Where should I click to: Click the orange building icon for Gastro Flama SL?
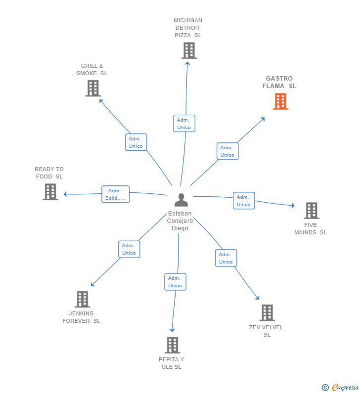pyautogui.click(x=280, y=101)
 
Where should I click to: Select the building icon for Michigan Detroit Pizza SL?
pyautogui.click(x=188, y=50)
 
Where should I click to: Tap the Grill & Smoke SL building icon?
pyautogui.click(x=92, y=88)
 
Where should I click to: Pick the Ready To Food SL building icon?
pyautogui.click(x=50, y=192)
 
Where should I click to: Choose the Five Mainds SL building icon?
pyautogui.click(x=311, y=211)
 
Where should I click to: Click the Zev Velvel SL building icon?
pyautogui.click(x=267, y=312)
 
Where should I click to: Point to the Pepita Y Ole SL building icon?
pyautogui.click(x=172, y=345)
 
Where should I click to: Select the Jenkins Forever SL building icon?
pyautogui.click(x=82, y=299)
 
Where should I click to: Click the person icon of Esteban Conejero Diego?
pyautogui.click(x=181, y=200)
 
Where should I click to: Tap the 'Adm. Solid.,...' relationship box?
pyautogui.click(x=115, y=194)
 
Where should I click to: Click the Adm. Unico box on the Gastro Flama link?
pyautogui.click(x=227, y=151)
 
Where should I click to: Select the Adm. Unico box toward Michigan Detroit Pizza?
pyautogui.click(x=184, y=124)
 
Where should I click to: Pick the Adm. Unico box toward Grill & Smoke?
pyautogui.click(x=135, y=142)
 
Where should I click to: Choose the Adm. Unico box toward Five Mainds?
pyautogui.click(x=243, y=201)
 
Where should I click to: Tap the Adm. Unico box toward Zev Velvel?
pyautogui.click(x=225, y=258)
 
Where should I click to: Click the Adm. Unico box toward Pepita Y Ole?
pyautogui.click(x=175, y=282)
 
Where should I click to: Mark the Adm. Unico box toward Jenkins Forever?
pyautogui.click(x=129, y=249)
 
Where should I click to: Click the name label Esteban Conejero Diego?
pyautogui.click(x=180, y=221)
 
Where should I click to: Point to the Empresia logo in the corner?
pyautogui.click(x=341, y=387)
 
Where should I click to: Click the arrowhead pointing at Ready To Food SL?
pyautogui.click(x=65, y=194)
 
